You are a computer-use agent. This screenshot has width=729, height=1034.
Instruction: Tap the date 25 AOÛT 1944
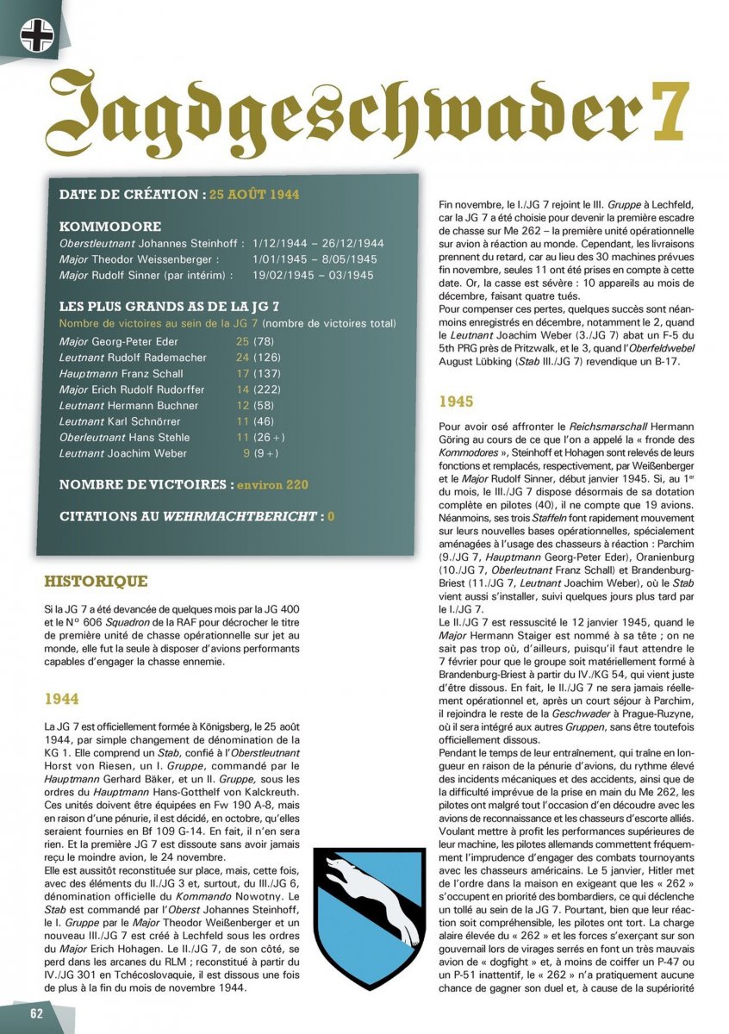[x=254, y=195]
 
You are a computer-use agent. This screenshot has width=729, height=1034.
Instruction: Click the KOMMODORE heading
[x=109, y=227]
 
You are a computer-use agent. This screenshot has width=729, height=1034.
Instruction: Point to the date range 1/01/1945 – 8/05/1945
[x=315, y=259]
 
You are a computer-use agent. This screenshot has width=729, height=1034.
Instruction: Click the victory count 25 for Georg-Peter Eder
[x=242, y=342]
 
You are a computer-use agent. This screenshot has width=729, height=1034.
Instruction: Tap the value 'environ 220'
[x=271, y=485]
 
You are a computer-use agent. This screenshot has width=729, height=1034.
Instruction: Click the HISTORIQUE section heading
[x=95, y=582]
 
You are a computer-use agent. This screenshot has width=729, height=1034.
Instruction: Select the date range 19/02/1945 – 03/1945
[x=314, y=275]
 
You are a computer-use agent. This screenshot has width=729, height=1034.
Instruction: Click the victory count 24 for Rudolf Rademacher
[x=242, y=358]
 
